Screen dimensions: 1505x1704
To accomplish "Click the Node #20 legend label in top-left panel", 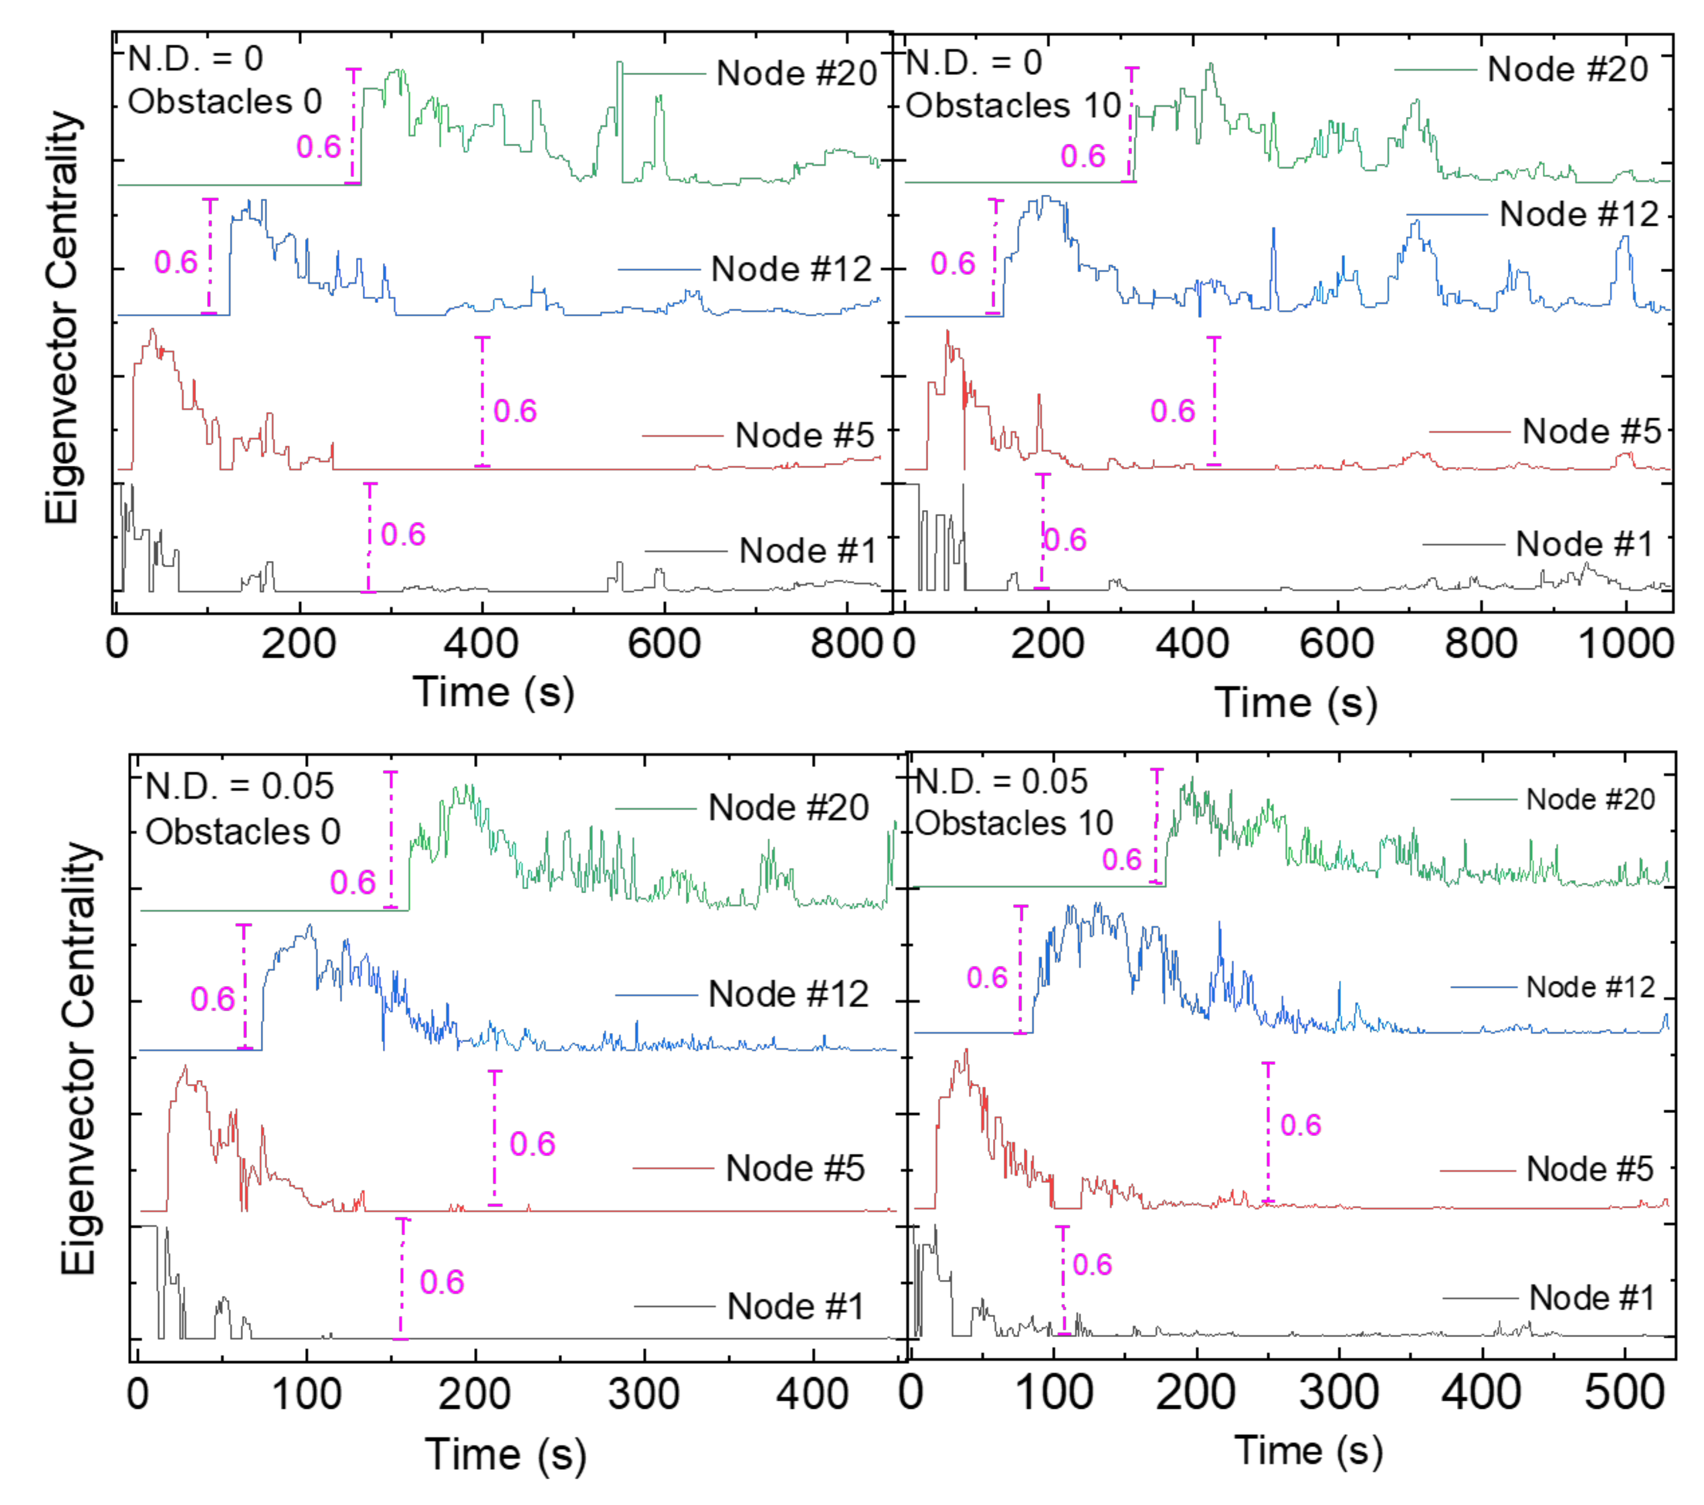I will tap(796, 73).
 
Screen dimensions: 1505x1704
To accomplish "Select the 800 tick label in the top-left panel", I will tap(845, 644).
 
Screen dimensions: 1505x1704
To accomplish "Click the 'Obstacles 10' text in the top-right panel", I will tap(1013, 106).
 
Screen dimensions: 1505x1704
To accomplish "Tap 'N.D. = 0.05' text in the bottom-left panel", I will tap(239, 786).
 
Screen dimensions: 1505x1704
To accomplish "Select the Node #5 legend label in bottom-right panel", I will tap(1589, 1169).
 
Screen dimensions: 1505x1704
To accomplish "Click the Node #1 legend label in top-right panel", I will tap(1584, 544).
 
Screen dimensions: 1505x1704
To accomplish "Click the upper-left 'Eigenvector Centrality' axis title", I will tap(63, 317).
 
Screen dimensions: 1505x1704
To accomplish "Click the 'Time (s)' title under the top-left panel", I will tap(494, 692).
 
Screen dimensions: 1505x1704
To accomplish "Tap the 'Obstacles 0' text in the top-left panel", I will tap(224, 102).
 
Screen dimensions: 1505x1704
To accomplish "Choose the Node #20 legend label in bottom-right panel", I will tap(1590, 799).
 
